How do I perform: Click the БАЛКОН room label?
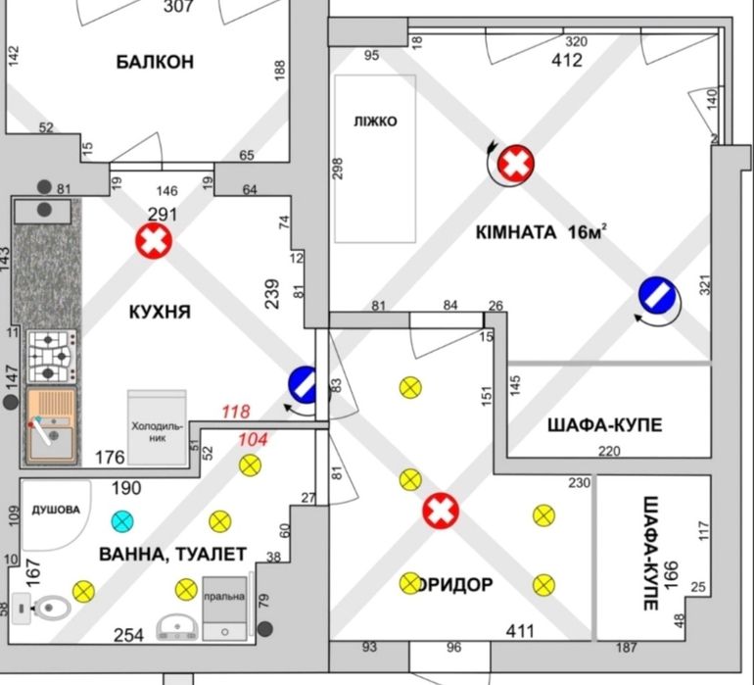point(155,62)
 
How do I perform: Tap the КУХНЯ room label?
point(160,313)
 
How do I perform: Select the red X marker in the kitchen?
point(153,241)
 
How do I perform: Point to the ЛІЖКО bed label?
point(375,122)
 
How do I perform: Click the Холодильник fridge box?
point(157,428)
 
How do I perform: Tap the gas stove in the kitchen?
point(52,357)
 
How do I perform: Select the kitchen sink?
point(52,425)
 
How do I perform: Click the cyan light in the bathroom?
point(121,520)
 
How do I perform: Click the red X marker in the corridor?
point(441,511)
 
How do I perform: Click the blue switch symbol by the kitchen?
point(304,383)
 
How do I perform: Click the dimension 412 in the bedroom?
point(567,60)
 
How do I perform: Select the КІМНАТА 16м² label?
point(542,232)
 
